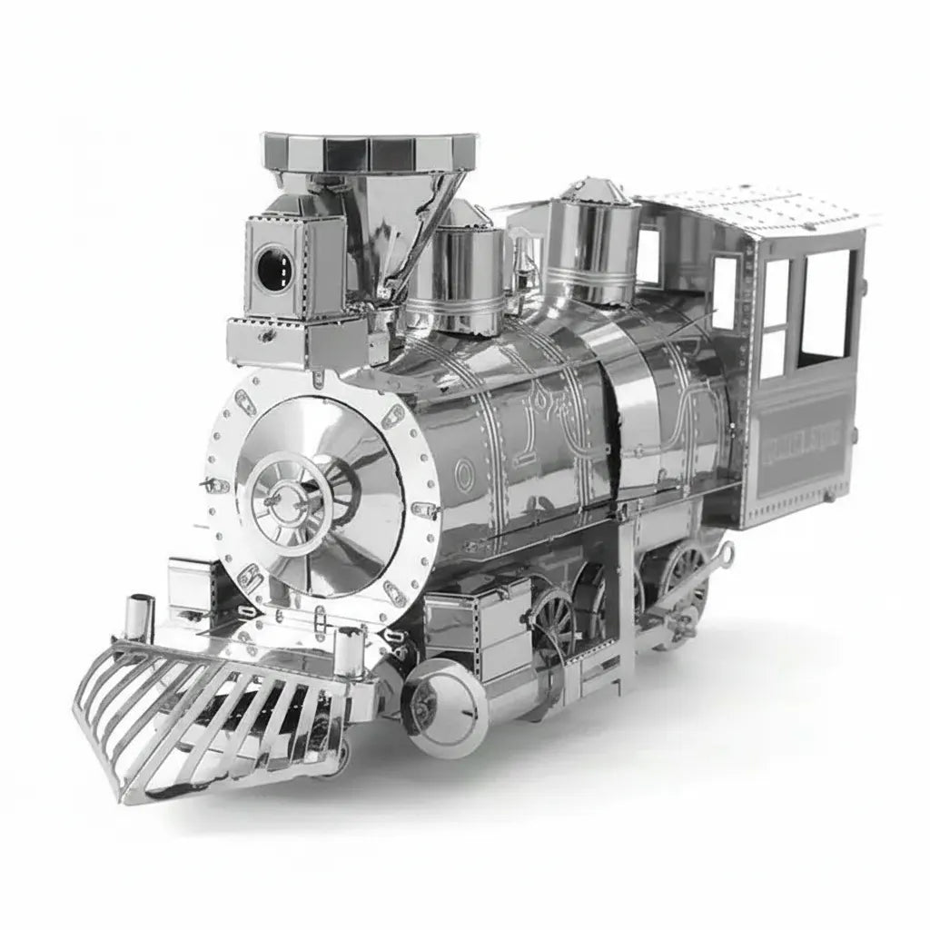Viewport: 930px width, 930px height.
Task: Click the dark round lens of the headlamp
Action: pos(272,267)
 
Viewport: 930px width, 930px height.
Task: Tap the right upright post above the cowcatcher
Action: pos(349,649)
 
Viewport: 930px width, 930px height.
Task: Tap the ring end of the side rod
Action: pos(724,552)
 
